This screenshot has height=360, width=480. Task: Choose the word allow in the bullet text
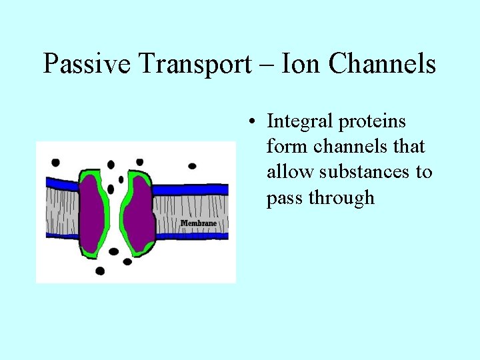coord(291,172)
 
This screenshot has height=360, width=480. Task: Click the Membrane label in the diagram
coord(197,222)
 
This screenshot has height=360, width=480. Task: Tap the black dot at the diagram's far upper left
coord(55,162)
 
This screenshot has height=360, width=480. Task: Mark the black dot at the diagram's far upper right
coord(193,165)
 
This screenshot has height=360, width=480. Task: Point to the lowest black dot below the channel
coord(100,271)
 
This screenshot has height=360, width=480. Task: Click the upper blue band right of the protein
coord(190,189)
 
